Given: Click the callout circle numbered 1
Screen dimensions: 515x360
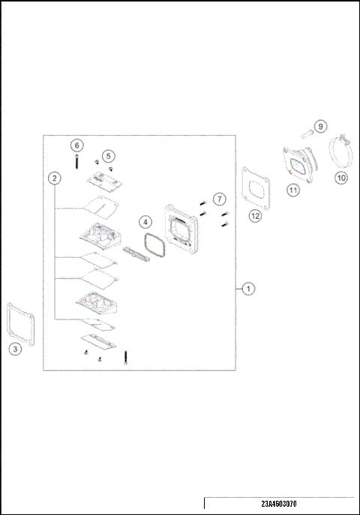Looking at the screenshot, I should (x=249, y=288).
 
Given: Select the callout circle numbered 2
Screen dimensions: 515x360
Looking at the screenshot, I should (x=54, y=178).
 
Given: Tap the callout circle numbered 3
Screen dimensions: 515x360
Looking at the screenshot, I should (x=16, y=349).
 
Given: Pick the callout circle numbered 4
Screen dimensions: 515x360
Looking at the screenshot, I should (x=145, y=222).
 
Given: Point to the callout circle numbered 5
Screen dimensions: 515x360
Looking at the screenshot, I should (x=109, y=156).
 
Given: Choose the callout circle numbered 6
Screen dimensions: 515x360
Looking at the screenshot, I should (x=76, y=145).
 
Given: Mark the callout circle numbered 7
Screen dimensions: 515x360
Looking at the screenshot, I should (x=218, y=199).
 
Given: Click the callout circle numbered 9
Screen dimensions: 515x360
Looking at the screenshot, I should (x=320, y=126).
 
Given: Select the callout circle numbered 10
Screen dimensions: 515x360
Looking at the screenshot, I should (x=341, y=178).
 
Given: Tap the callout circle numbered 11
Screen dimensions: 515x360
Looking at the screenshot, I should (x=293, y=190).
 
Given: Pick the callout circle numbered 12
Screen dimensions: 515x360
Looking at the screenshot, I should (x=256, y=216).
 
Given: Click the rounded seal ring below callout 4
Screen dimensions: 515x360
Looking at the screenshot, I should (x=154, y=244).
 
